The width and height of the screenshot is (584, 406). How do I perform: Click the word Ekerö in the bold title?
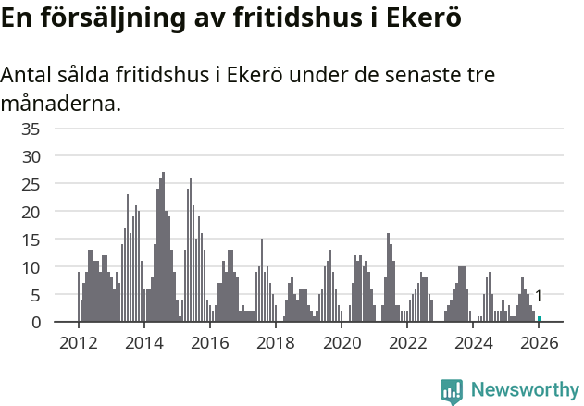tap(422, 18)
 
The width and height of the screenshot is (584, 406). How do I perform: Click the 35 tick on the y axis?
tap(31, 129)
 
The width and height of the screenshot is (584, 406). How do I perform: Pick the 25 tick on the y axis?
tap(31, 184)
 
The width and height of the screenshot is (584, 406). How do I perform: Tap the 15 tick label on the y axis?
tap(31, 240)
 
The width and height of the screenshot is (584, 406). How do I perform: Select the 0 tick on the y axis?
tap(36, 323)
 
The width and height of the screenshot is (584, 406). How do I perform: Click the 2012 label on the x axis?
tap(78, 343)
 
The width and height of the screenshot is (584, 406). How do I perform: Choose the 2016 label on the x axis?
tap(209, 343)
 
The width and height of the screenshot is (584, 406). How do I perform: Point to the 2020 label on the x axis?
tap(342, 343)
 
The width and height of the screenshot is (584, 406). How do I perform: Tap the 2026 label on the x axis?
tap(538, 343)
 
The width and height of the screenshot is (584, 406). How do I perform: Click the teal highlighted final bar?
tap(539, 319)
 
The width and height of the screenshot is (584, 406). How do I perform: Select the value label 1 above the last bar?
tap(539, 296)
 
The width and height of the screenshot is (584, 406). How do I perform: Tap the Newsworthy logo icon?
tap(452, 391)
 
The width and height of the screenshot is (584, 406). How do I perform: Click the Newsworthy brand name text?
tap(524, 390)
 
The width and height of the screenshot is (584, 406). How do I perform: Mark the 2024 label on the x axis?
tap(474, 343)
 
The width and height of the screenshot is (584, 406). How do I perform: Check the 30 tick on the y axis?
tap(31, 156)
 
